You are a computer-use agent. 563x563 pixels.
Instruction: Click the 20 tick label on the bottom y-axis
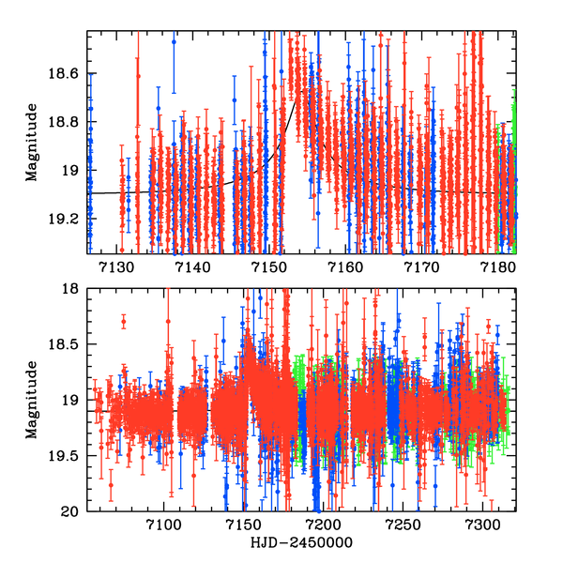coord(73,511)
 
